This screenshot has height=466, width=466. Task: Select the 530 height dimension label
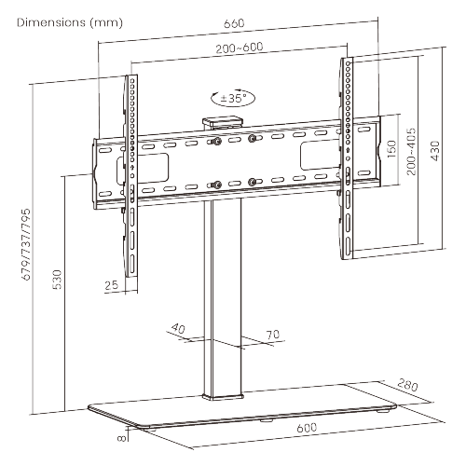(56, 280)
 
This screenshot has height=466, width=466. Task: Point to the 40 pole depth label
(180, 328)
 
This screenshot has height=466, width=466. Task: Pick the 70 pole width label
(272, 335)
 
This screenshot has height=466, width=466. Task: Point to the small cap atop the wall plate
(222, 119)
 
